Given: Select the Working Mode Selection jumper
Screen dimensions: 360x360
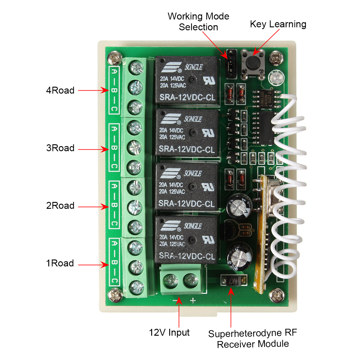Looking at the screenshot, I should [x=231, y=64].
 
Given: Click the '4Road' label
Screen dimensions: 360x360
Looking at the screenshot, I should [x=60, y=90].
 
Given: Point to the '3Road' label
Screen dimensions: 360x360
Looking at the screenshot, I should [x=60, y=148].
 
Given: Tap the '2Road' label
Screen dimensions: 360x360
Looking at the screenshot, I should [x=60, y=205].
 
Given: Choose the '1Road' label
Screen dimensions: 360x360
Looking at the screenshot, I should [x=60, y=263].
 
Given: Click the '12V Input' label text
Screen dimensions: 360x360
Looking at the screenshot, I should [x=169, y=332].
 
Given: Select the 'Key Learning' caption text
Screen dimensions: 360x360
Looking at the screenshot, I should [x=278, y=24].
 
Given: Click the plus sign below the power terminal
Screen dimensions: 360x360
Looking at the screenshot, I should [x=193, y=300].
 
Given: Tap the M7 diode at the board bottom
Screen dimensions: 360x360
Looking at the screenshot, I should [x=233, y=281].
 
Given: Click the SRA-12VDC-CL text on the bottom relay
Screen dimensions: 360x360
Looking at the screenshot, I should [x=187, y=256].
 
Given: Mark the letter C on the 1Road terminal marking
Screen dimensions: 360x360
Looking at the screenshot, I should [x=114, y=281].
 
